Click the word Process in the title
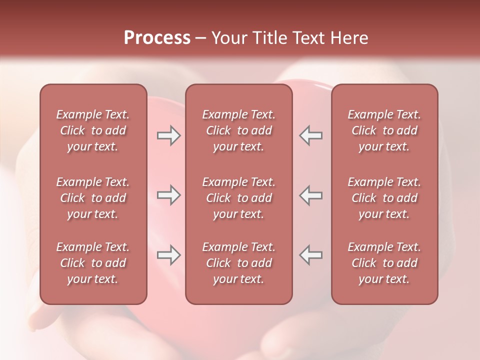157,38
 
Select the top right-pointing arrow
169,135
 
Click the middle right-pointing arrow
169,195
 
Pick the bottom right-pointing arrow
169,255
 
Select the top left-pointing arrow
311,135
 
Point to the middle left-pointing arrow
311,195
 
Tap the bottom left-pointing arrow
311,255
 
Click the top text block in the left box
93,130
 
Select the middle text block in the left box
93,198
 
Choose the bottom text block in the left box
93,263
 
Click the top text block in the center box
238,130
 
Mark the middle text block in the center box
238,198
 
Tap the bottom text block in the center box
238,263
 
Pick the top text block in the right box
384,130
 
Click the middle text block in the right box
384,198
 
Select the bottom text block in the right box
384,263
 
